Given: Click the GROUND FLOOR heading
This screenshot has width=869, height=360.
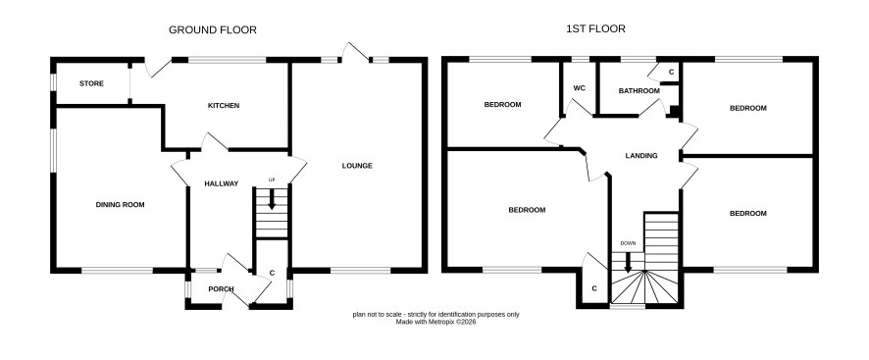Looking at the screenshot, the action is click(x=212, y=30).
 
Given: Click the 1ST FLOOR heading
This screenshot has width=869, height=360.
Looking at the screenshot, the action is click(x=595, y=28).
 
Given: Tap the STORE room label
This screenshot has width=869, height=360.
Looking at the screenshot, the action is click(x=91, y=83).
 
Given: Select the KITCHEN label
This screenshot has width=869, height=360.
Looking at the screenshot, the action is click(x=224, y=105).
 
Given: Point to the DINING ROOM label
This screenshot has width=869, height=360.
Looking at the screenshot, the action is click(x=121, y=205).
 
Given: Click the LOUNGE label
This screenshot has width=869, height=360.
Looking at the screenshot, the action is click(x=357, y=166).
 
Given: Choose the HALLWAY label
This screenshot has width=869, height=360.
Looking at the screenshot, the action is click(x=221, y=183).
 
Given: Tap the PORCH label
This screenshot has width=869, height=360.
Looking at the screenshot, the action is click(x=221, y=289).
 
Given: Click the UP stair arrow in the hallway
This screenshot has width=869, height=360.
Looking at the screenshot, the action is click(x=272, y=199).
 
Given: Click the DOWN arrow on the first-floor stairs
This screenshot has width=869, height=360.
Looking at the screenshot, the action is click(x=628, y=262).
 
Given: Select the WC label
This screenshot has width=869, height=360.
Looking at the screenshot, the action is click(x=579, y=88).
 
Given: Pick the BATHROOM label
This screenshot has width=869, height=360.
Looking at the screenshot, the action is click(x=639, y=91).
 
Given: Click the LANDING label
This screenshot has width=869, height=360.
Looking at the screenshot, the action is click(x=641, y=156).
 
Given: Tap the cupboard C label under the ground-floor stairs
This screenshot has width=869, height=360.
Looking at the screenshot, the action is click(x=272, y=273).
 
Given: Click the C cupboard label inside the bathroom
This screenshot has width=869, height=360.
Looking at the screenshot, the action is click(x=671, y=73).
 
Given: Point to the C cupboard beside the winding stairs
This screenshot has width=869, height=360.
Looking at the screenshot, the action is click(x=594, y=288).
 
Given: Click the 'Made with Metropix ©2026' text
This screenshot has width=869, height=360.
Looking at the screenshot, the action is click(x=435, y=321).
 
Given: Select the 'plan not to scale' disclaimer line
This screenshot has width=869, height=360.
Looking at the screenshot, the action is click(x=436, y=315).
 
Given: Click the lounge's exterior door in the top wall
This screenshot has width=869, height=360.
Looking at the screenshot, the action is click(x=355, y=52).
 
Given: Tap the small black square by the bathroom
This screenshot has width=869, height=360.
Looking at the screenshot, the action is click(x=675, y=111).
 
